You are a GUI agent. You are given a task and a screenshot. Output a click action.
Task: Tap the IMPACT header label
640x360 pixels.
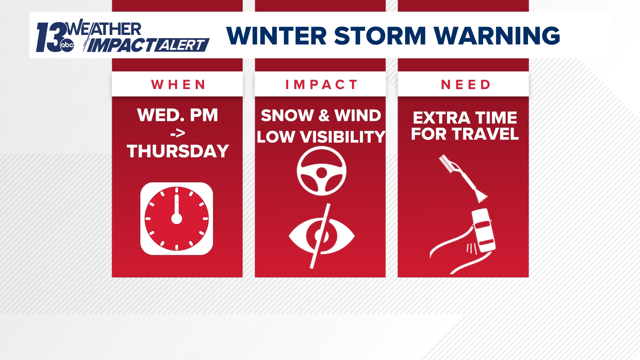coord(321,85)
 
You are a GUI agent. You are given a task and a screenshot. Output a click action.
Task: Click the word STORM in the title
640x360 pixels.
coord(380,36)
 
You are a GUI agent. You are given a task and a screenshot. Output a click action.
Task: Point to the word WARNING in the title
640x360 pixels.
coord(497,36)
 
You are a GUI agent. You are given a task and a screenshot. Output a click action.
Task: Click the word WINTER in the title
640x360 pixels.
coord(276,36)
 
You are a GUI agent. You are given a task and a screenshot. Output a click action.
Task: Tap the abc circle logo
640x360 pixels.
coord(67,45)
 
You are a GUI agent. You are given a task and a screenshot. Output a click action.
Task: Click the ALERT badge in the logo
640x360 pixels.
coord(182,45)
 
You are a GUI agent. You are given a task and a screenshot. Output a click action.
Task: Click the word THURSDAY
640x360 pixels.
coord(178,151)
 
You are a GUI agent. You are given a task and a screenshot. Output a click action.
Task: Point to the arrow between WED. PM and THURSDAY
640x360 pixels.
coord(178,134)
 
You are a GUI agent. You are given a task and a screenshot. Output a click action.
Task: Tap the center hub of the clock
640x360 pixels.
coord(177,219)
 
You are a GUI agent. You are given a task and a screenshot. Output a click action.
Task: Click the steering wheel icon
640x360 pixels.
coord(321,171)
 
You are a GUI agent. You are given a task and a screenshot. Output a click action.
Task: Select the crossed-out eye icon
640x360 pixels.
coord(321,236)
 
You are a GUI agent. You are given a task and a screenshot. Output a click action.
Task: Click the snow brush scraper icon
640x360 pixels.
coord(463,178)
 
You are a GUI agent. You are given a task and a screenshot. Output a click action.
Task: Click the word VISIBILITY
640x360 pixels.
coord(343,137)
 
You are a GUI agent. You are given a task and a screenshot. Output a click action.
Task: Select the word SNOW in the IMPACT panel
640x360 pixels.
coord(287,116)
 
